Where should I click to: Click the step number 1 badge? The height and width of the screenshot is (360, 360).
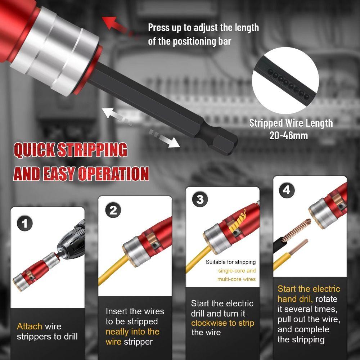point(24,224)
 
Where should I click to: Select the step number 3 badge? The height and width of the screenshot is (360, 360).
point(200,199)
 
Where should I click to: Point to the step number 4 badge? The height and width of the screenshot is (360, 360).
point(287,189)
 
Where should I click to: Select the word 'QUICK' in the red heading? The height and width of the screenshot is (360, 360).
point(35,150)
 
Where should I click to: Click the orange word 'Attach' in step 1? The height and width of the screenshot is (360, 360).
point(30,327)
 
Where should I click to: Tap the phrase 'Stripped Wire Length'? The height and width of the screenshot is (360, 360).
point(291,123)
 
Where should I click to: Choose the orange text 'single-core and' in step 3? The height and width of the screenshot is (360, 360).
point(237,271)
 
